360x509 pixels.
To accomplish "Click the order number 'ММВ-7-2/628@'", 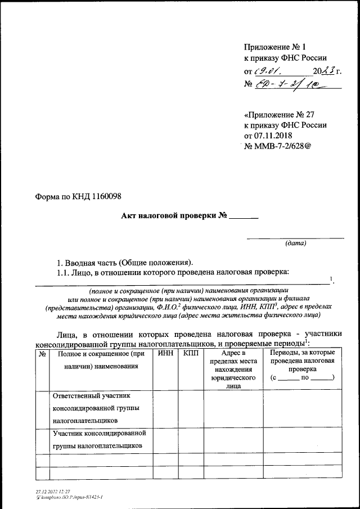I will [x=283, y=146].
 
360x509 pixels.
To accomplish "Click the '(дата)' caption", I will [x=296, y=244].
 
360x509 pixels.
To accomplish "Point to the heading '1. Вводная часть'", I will [x=124, y=262].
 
